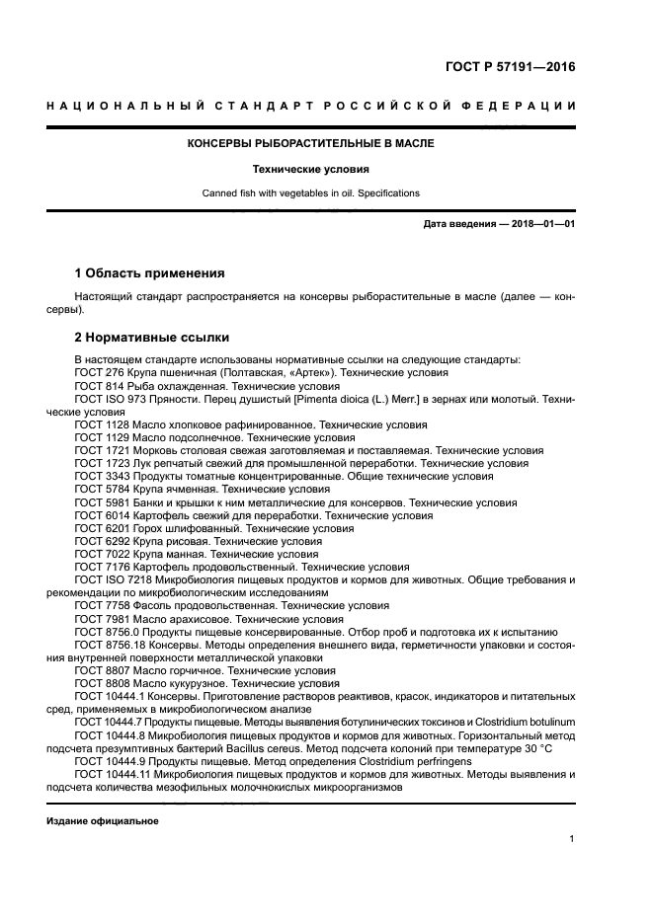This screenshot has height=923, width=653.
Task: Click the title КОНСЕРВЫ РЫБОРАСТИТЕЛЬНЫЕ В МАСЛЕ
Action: tap(311, 143)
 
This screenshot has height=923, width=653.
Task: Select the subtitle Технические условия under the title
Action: tap(311, 169)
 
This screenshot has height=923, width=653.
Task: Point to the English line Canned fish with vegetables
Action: tap(311, 193)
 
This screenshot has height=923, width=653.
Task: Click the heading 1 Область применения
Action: tap(150, 272)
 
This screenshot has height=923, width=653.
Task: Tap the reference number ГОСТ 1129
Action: tap(99, 437)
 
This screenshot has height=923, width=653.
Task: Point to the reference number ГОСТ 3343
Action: tap(99, 476)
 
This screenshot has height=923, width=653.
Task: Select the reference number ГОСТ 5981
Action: tap(99, 501)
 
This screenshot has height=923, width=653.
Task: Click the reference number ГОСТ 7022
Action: tap(99, 553)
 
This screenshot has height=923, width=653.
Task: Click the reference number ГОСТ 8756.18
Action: tap(106, 644)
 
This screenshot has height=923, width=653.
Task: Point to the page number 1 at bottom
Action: tap(572, 839)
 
